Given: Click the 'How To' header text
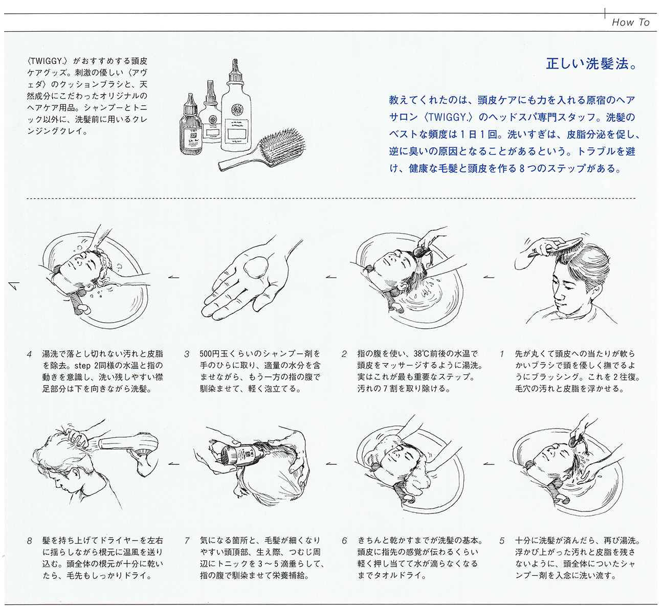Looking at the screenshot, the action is tap(630, 22).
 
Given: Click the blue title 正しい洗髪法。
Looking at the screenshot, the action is tap(592, 63).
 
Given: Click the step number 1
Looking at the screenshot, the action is tap(502, 354).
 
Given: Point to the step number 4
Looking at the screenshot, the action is tap(30, 354).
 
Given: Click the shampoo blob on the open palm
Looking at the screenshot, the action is tap(256, 269).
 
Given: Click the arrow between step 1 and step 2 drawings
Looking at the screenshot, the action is tap(489, 277).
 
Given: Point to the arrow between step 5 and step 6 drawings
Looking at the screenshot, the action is tap(489, 463).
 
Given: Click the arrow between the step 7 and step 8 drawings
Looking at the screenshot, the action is tap(174, 463).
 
